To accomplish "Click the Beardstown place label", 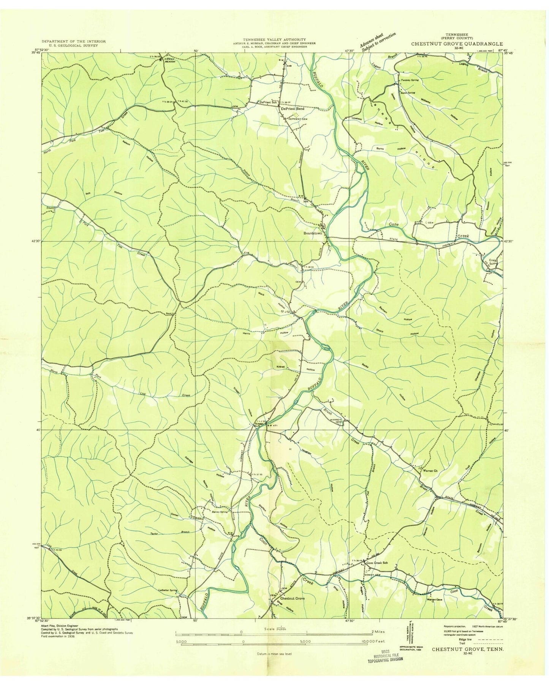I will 312,233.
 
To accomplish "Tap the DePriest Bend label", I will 292,109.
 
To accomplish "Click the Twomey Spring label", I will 410,80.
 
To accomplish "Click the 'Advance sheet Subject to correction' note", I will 378,41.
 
